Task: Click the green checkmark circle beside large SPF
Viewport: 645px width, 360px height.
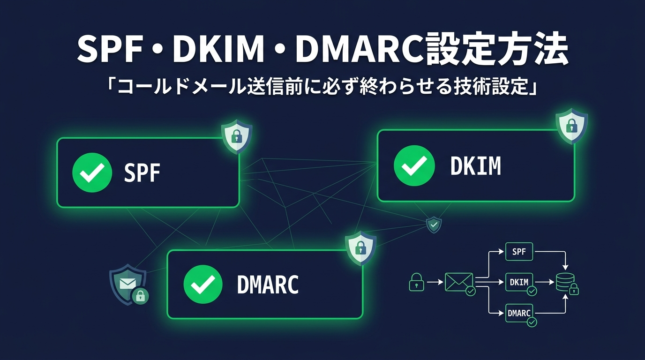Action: pos(92,172)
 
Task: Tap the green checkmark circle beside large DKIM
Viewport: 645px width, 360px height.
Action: pos(414,165)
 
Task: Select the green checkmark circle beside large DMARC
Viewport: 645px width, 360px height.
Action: pos(203,284)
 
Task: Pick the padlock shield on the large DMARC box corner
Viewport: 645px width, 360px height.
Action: pos(360,247)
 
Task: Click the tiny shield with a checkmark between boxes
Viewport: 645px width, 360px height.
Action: pos(434,225)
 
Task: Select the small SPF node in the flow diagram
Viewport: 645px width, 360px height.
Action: pos(519,252)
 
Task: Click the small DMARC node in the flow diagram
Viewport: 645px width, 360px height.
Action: pos(519,313)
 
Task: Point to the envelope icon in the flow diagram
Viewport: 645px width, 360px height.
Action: pos(458,282)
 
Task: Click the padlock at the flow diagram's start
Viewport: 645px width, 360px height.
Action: pos(416,282)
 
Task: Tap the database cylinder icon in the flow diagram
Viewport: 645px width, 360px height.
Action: pos(564,282)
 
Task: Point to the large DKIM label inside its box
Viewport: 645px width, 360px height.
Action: pos(475,166)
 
